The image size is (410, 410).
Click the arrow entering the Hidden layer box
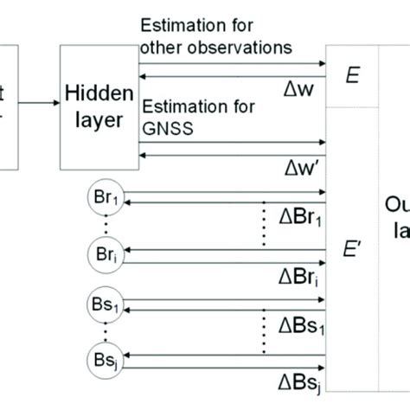[x=39, y=104]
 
